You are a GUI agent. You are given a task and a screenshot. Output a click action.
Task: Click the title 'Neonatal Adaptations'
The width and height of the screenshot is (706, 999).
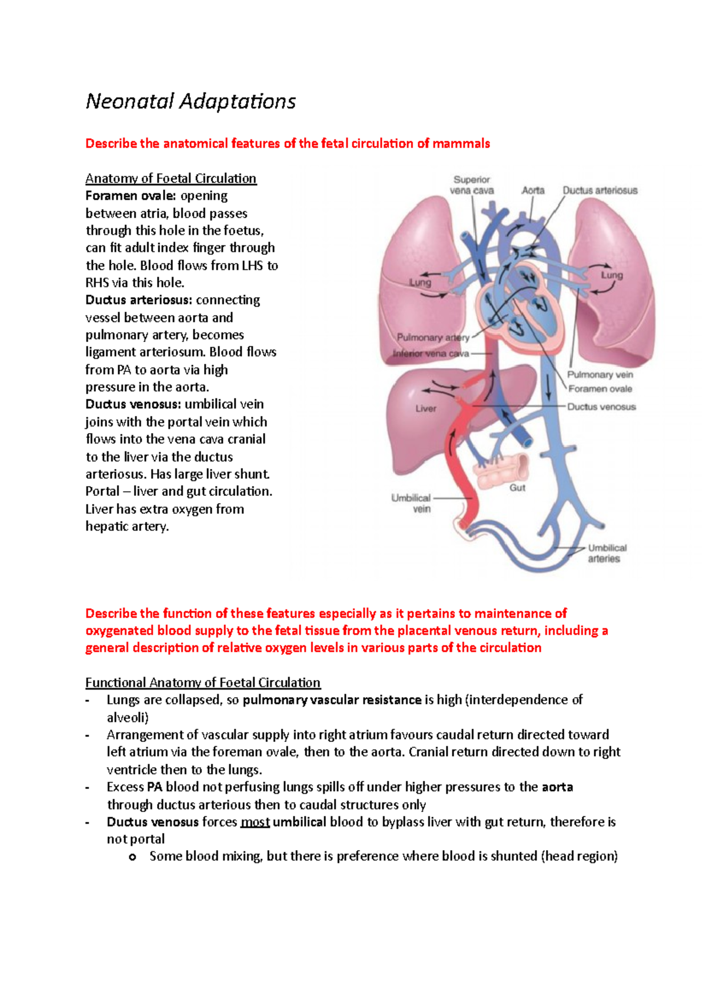tap(191, 102)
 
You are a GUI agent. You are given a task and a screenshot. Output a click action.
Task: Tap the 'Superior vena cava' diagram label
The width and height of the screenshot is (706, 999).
tap(472, 185)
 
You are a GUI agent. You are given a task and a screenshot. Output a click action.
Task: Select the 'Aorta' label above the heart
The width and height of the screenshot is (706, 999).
tap(533, 191)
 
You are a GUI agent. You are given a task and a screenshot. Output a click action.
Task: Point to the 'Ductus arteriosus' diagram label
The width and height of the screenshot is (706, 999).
tap(600, 191)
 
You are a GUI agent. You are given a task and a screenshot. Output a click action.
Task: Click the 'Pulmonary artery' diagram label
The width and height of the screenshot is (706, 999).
tap(432, 338)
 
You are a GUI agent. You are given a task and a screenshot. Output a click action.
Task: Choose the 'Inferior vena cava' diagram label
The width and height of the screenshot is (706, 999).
tap(431, 354)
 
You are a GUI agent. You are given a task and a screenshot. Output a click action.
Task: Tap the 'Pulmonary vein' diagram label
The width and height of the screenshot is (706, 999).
tap(600, 375)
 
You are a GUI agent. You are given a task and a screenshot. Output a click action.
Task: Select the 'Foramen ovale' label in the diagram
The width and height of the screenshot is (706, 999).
tap(600, 389)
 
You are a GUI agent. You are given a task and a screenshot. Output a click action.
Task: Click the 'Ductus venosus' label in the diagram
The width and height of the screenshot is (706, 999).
tap(601, 407)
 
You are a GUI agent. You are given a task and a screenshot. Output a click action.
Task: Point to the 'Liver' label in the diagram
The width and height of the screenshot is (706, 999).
tap(426, 408)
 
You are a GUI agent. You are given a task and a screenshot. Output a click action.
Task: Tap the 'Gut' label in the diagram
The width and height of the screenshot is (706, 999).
tap(517, 488)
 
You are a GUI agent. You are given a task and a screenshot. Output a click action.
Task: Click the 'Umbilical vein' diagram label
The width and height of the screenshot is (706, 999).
tap(411, 503)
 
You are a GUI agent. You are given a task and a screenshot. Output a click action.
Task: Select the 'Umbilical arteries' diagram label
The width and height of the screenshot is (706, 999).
tap(607, 553)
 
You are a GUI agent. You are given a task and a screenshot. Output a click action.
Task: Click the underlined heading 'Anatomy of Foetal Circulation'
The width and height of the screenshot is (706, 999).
tap(171, 179)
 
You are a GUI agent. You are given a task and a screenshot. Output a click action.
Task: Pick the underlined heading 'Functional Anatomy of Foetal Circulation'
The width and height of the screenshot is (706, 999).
tap(203, 682)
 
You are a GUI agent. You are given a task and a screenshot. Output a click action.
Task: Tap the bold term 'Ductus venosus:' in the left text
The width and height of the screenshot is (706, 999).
tap(133, 404)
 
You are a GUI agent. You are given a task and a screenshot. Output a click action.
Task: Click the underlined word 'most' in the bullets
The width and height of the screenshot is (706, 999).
tap(255, 822)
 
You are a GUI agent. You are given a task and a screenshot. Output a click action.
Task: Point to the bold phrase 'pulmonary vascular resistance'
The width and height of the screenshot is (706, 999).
tap(332, 700)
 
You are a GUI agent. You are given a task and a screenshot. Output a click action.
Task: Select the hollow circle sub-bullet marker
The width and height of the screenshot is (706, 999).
tap(132, 857)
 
